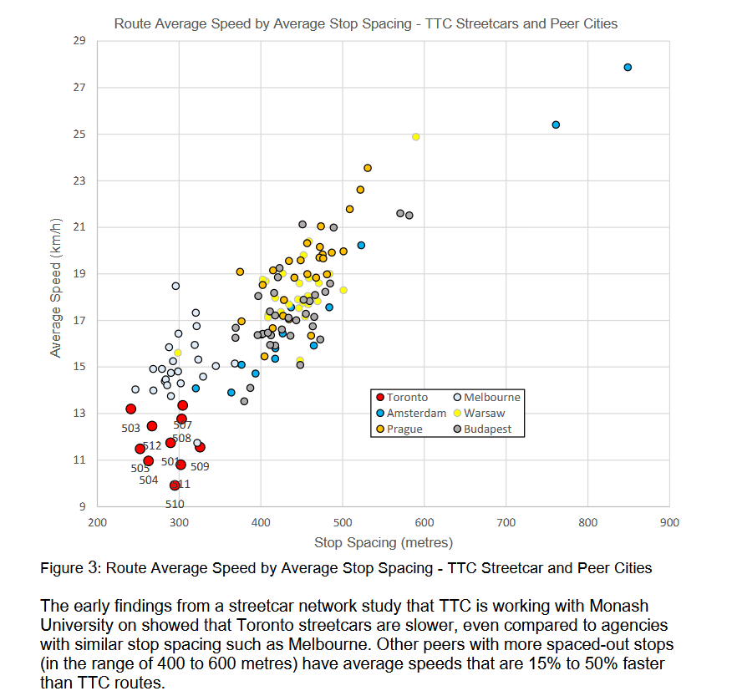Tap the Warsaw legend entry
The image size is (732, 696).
click(484, 414)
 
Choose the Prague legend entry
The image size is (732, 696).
click(404, 429)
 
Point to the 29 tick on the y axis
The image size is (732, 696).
click(80, 41)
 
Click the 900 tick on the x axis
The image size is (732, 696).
click(669, 523)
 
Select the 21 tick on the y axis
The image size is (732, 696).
click(80, 227)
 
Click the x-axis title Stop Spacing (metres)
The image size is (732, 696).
click(383, 543)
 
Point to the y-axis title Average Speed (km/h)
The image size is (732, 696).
click(57, 287)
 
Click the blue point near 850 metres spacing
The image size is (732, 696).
click(628, 68)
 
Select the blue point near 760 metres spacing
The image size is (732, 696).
click(556, 124)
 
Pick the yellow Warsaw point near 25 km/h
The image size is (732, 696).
click(415, 137)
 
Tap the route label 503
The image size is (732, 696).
click(130, 429)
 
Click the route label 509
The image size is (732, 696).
click(200, 467)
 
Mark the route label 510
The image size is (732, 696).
click(174, 504)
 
